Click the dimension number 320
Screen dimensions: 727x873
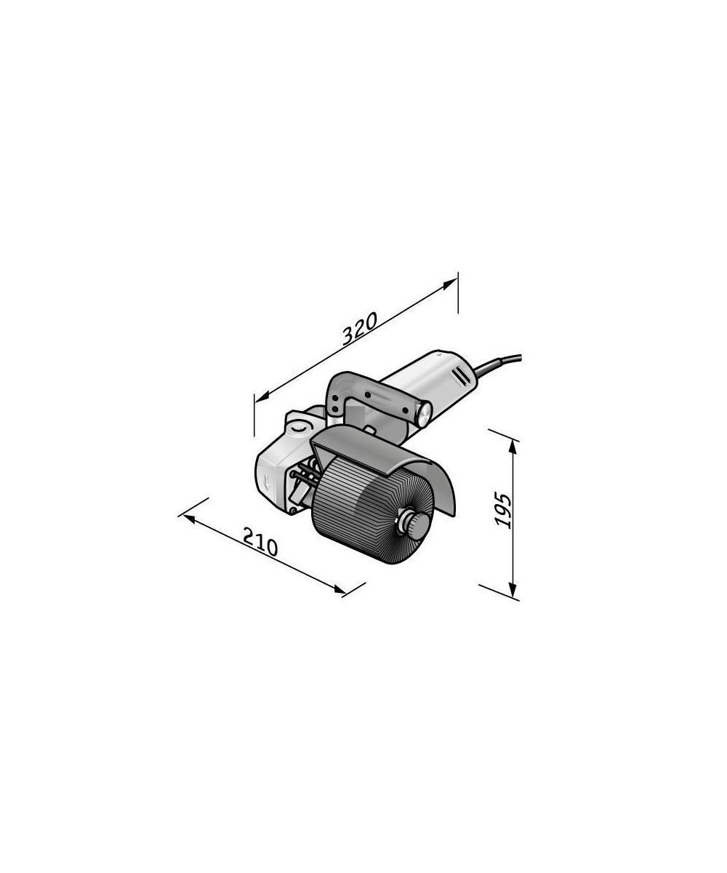coord(360,329)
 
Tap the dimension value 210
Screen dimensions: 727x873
coord(260,542)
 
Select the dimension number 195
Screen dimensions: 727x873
coord(502,511)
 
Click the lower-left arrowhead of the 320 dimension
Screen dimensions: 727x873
coord(262,398)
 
